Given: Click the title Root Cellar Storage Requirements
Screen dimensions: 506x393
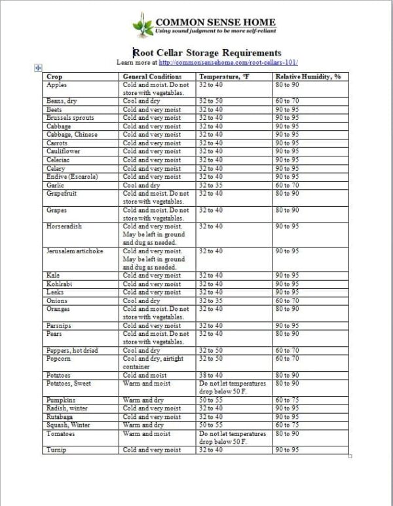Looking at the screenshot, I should point(207,52).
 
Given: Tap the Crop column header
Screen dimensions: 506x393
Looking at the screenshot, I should point(54,77).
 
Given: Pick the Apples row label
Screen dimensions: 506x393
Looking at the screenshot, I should point(57,85).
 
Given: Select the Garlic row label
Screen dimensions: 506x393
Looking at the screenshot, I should point(56,185).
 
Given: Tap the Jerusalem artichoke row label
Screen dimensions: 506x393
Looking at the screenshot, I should point(73,251).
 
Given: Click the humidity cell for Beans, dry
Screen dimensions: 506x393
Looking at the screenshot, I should point(288,101).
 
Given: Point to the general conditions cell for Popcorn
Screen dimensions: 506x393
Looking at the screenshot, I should point(153,363).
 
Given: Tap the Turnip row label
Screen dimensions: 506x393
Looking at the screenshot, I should point(56,450).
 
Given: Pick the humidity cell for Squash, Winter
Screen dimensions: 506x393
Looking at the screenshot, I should point(288,425).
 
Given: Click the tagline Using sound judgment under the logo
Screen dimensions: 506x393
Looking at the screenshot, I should point(215,31).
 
